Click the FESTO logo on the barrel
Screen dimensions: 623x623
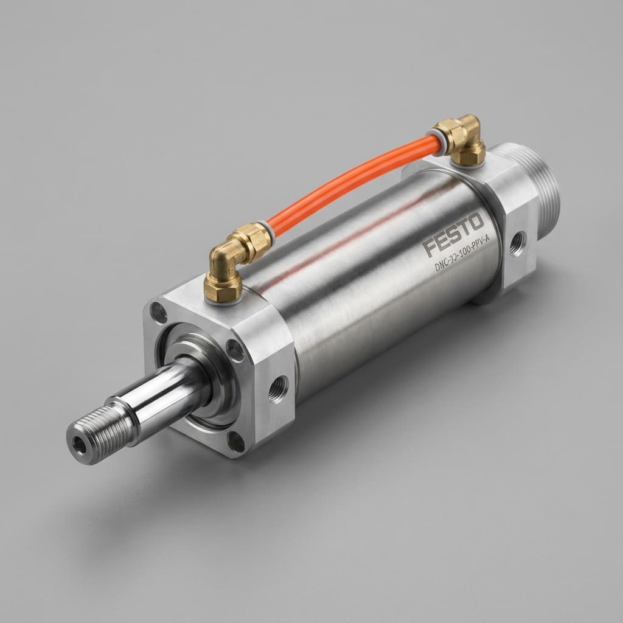point(453,235)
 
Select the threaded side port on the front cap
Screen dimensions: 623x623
point(278,388)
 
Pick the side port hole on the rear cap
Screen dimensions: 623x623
point(518,243)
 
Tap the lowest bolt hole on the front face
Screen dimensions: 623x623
point(236,440)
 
